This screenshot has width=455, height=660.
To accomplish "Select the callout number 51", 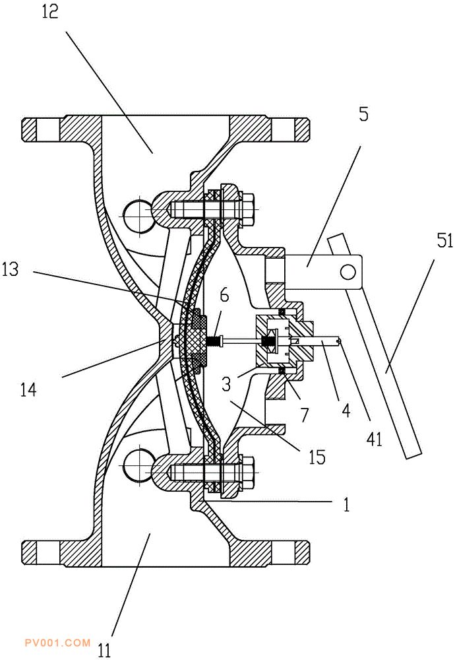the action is point(444,242).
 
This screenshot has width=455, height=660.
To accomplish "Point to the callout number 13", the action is point(11,269).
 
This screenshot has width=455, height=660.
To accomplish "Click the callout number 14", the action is point(28,390).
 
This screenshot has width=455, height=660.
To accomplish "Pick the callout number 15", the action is point(317,457).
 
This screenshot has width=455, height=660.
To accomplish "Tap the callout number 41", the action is point(375,439).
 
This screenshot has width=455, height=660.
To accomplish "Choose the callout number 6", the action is point(224,296).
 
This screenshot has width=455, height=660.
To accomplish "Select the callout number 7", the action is point(305,415).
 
